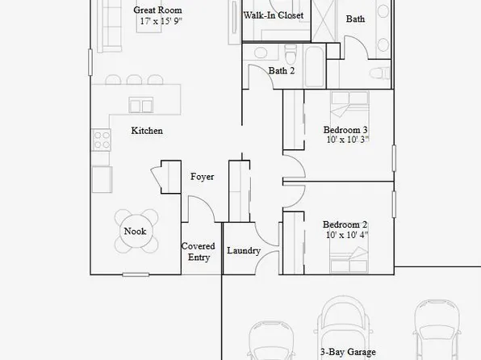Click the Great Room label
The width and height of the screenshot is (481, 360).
(152, 10)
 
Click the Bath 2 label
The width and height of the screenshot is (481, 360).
(282, 71)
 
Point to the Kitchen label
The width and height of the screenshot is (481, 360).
(147, 131)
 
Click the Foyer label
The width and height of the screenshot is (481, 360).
(202, 177)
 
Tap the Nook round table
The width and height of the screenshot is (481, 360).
(134, 232)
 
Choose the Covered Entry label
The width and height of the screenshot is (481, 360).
(199, 252)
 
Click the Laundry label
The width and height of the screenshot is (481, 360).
(243, 251)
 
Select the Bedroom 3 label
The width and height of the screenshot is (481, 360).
(345, 130)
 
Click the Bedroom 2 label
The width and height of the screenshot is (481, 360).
(345, 224)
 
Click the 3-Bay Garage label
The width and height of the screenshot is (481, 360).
(348, 352)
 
